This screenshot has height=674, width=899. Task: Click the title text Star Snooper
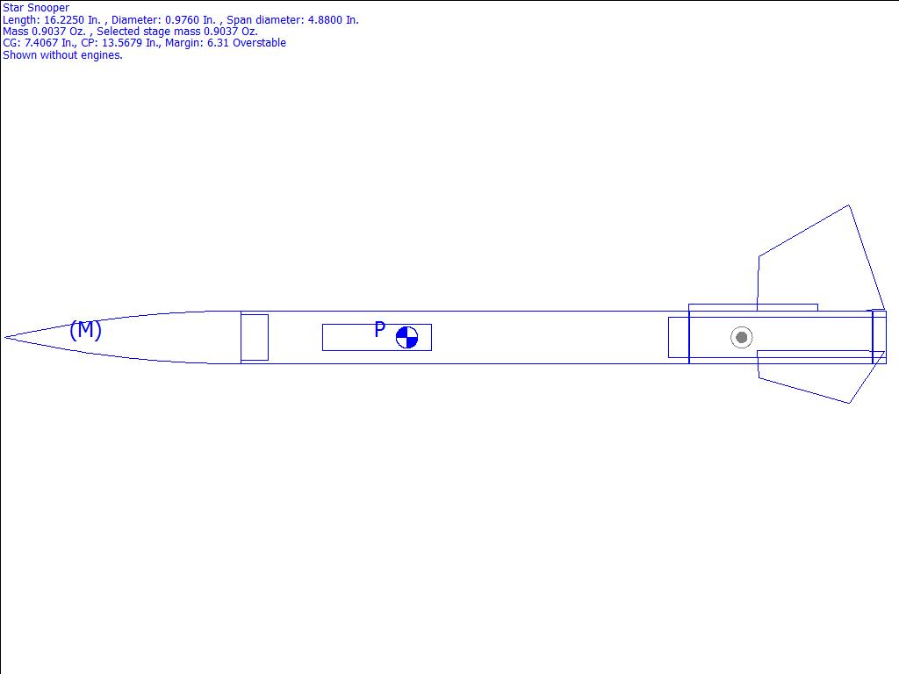pos(36,7)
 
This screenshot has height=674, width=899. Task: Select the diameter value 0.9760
pos(185,19)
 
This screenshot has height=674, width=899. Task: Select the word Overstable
pos(259,42)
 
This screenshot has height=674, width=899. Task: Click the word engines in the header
pos(104,55)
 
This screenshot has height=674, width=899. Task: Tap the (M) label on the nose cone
pos(85,330)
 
